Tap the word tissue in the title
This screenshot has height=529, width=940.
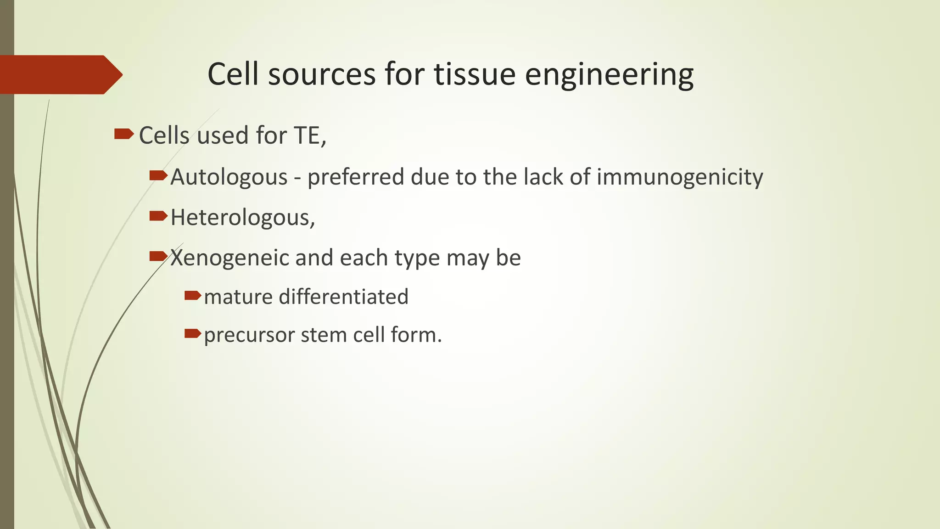(475, 75)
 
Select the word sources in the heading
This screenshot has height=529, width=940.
(322, 75)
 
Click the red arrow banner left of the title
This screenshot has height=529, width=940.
(60, 75)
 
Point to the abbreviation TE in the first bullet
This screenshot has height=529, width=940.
(309, 136)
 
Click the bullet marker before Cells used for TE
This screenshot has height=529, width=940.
(123, 134)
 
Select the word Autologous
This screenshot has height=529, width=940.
(229, 177)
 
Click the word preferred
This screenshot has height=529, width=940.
(356, 177)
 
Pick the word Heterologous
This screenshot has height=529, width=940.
(242, 218)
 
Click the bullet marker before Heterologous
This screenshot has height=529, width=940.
(158, 216)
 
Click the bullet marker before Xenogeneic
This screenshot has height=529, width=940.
(158, 256)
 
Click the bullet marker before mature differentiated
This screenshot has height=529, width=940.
(193, 295)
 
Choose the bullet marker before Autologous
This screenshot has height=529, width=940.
(158, 175)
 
